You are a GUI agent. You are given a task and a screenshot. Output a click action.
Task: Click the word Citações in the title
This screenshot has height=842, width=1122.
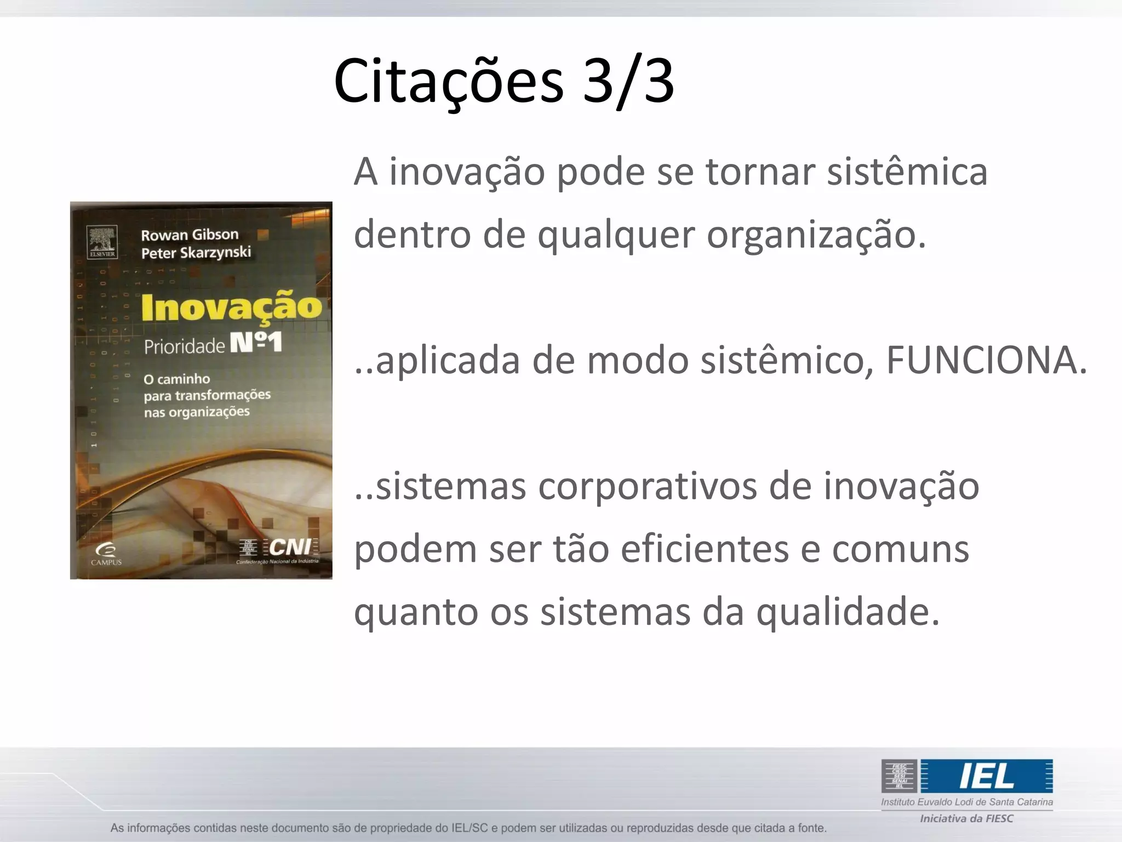pos(448,81)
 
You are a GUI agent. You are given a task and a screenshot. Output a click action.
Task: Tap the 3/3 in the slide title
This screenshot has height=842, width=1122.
pos(628,81)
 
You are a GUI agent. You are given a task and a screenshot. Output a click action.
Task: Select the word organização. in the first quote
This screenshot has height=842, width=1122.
pos(816,235)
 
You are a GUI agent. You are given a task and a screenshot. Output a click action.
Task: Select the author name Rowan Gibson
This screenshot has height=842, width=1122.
pos(190,235)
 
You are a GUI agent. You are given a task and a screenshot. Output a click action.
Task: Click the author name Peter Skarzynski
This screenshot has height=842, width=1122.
pos(196,253)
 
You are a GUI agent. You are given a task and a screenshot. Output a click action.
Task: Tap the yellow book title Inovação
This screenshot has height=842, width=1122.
pos(232,307)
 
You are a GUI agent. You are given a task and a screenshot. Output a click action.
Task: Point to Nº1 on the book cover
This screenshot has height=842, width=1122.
pos(256,343)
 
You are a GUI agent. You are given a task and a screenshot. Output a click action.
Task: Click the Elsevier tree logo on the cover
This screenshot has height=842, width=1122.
pos(102,241)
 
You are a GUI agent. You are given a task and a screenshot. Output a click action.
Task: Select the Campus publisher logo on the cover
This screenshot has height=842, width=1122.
pos(106,553)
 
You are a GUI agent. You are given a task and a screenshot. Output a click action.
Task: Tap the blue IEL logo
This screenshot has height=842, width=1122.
pos(986,776)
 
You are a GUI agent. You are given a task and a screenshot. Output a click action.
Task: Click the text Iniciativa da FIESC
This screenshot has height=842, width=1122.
pos(966,818)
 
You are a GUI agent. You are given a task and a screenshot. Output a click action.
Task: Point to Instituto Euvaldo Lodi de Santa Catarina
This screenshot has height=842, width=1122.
pos(966,802)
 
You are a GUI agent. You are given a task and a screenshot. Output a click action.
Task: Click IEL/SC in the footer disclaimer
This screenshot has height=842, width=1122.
pos(469,828)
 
